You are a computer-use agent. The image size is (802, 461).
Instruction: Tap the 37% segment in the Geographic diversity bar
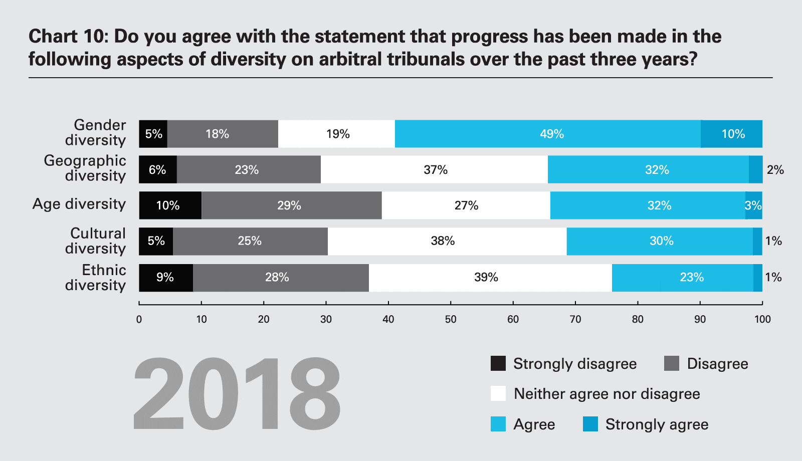[434, 169]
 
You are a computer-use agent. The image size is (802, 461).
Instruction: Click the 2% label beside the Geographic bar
[775, 170]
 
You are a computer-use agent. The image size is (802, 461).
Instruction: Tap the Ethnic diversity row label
[96, 278]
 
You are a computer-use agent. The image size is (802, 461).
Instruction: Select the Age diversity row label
[79, 204]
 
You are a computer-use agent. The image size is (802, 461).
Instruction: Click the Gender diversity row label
[96, 133]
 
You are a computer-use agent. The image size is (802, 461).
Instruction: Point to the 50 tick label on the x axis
[451, 319]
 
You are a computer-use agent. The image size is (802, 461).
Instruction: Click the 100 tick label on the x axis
[762, 319]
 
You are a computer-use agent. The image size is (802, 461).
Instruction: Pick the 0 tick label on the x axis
[139, 319]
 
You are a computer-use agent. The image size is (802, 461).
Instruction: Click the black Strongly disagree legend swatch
[498, 363]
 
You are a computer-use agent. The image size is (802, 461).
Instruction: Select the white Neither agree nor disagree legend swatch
[498, 393]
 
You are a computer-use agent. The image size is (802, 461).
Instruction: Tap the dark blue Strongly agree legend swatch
[590, 424]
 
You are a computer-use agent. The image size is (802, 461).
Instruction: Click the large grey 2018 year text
[237, 394]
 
